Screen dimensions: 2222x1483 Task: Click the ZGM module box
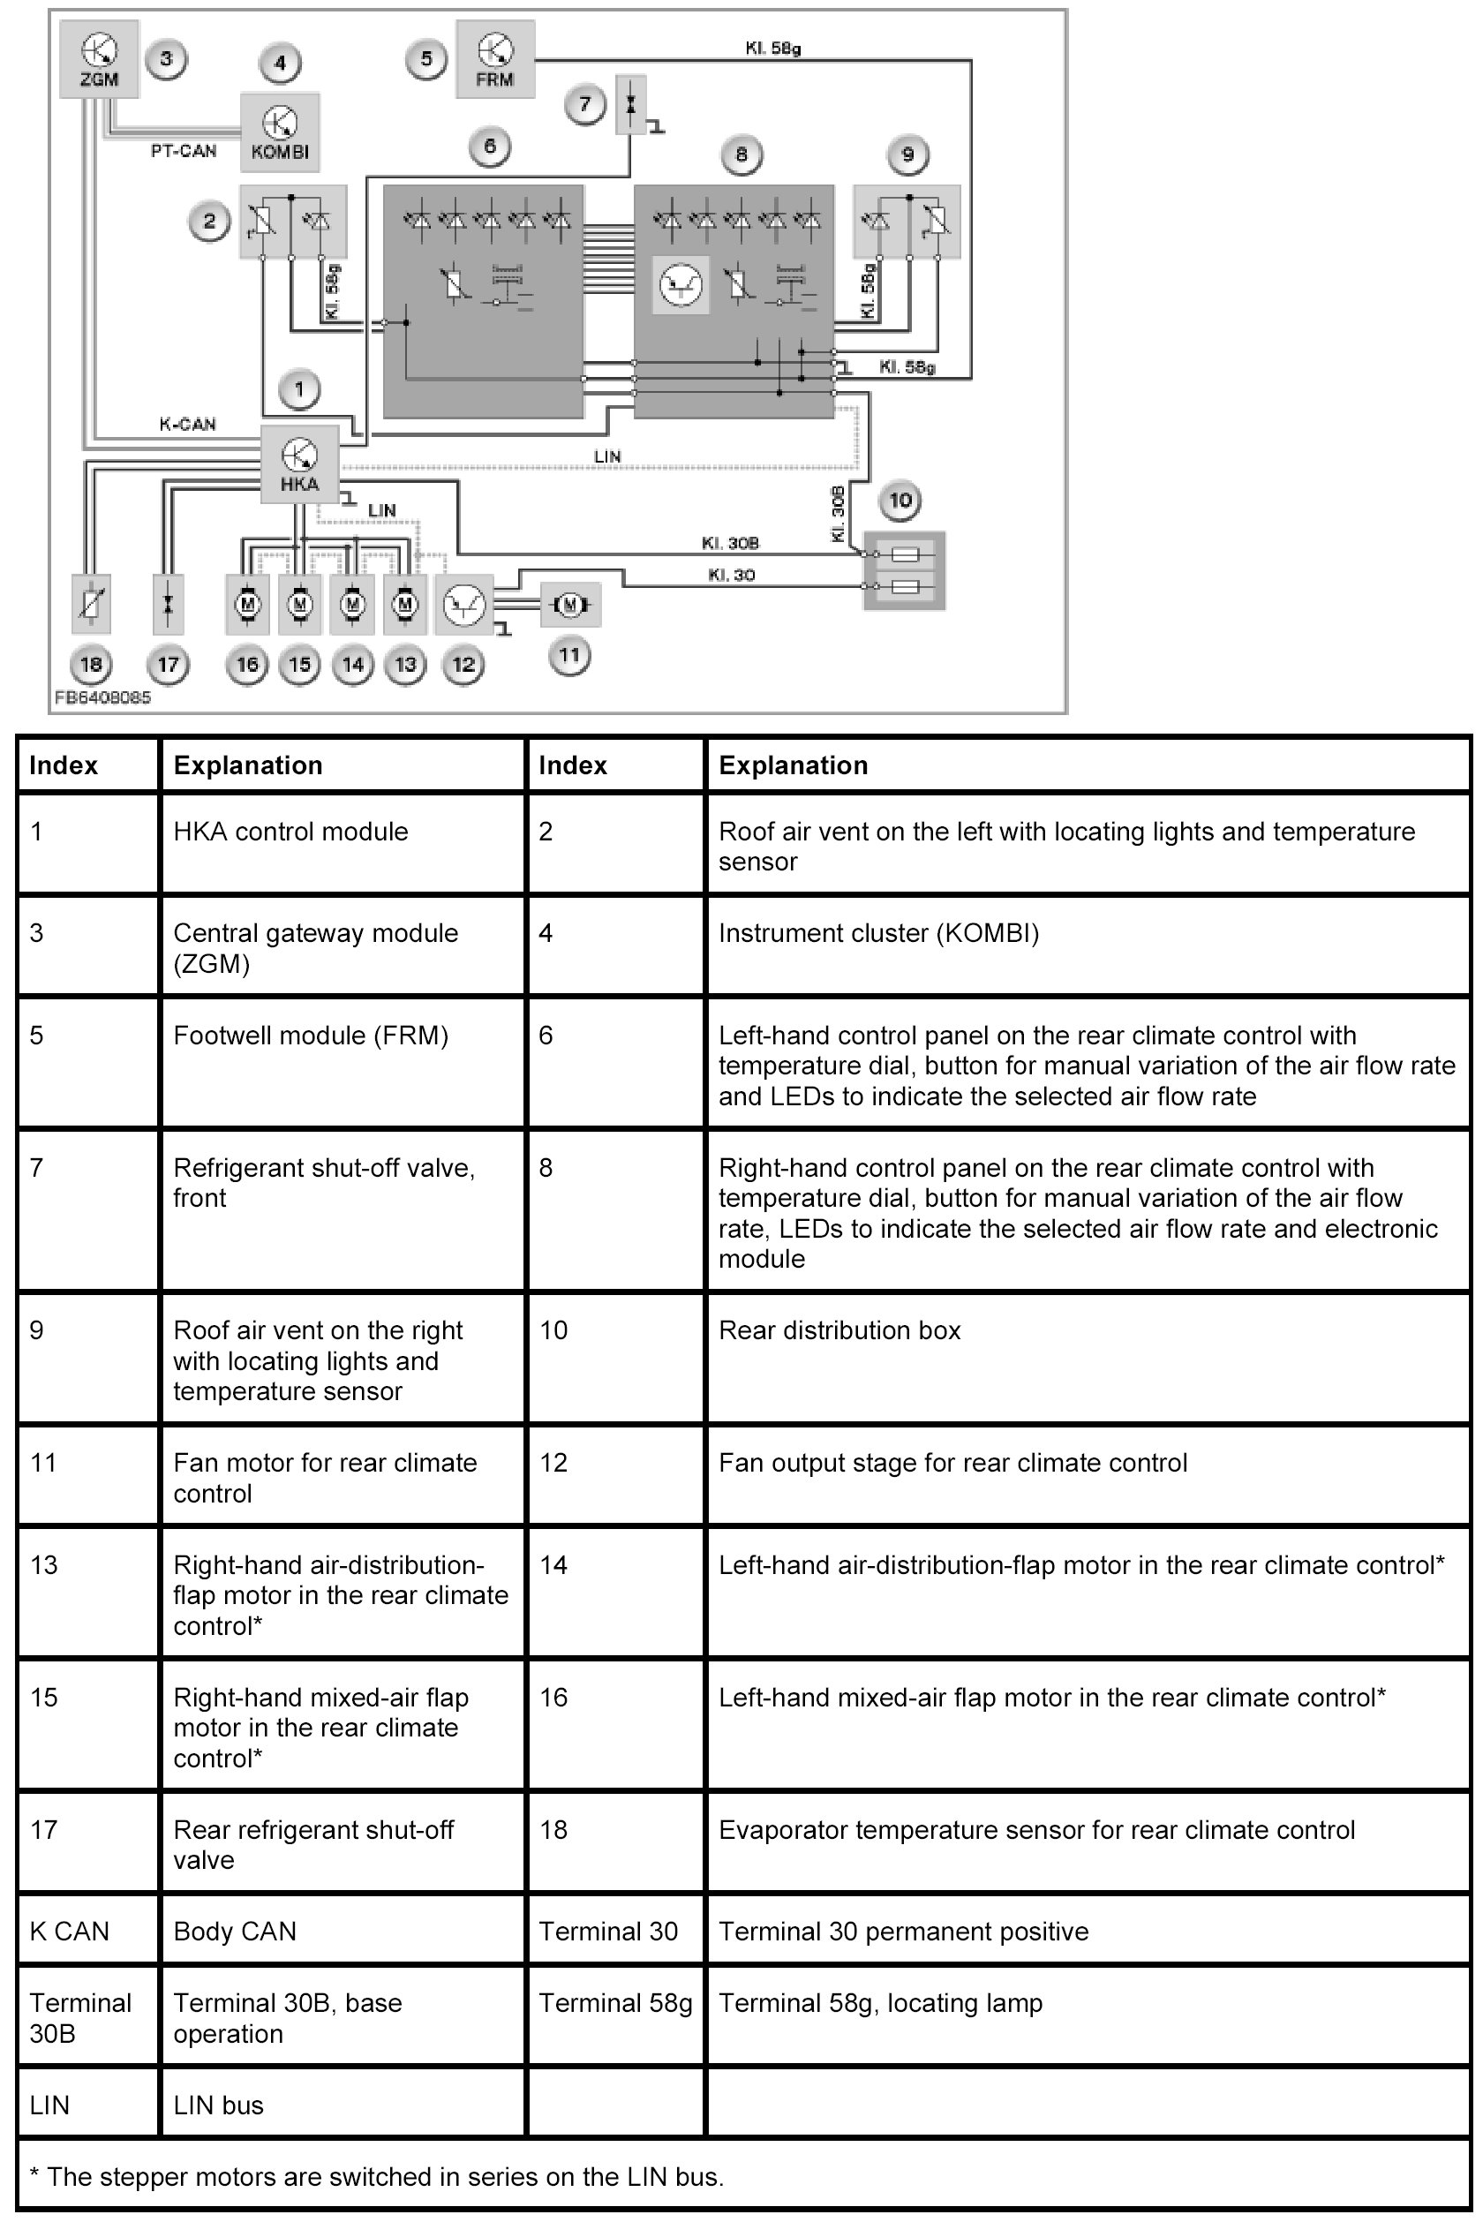99,58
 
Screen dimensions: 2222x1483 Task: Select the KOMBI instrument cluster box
280,132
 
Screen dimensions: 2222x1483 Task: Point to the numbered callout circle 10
900,501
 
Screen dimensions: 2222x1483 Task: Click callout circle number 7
585,104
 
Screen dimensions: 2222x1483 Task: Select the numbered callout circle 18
91,664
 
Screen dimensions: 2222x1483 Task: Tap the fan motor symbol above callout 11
569,604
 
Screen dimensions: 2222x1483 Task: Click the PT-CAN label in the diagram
184,150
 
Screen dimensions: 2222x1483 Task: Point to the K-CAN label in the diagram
187,425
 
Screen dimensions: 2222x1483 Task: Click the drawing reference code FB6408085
102,698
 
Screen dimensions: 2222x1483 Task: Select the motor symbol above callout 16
248,604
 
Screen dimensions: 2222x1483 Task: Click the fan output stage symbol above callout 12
463,605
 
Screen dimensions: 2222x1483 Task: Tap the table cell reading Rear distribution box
839,1330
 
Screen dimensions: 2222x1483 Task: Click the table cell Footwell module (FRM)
310,1035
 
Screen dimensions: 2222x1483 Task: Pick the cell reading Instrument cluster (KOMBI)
877,933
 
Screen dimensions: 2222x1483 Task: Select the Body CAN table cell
235,1931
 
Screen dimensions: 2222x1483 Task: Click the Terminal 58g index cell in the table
614,2002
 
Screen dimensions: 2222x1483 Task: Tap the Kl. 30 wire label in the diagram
731,574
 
